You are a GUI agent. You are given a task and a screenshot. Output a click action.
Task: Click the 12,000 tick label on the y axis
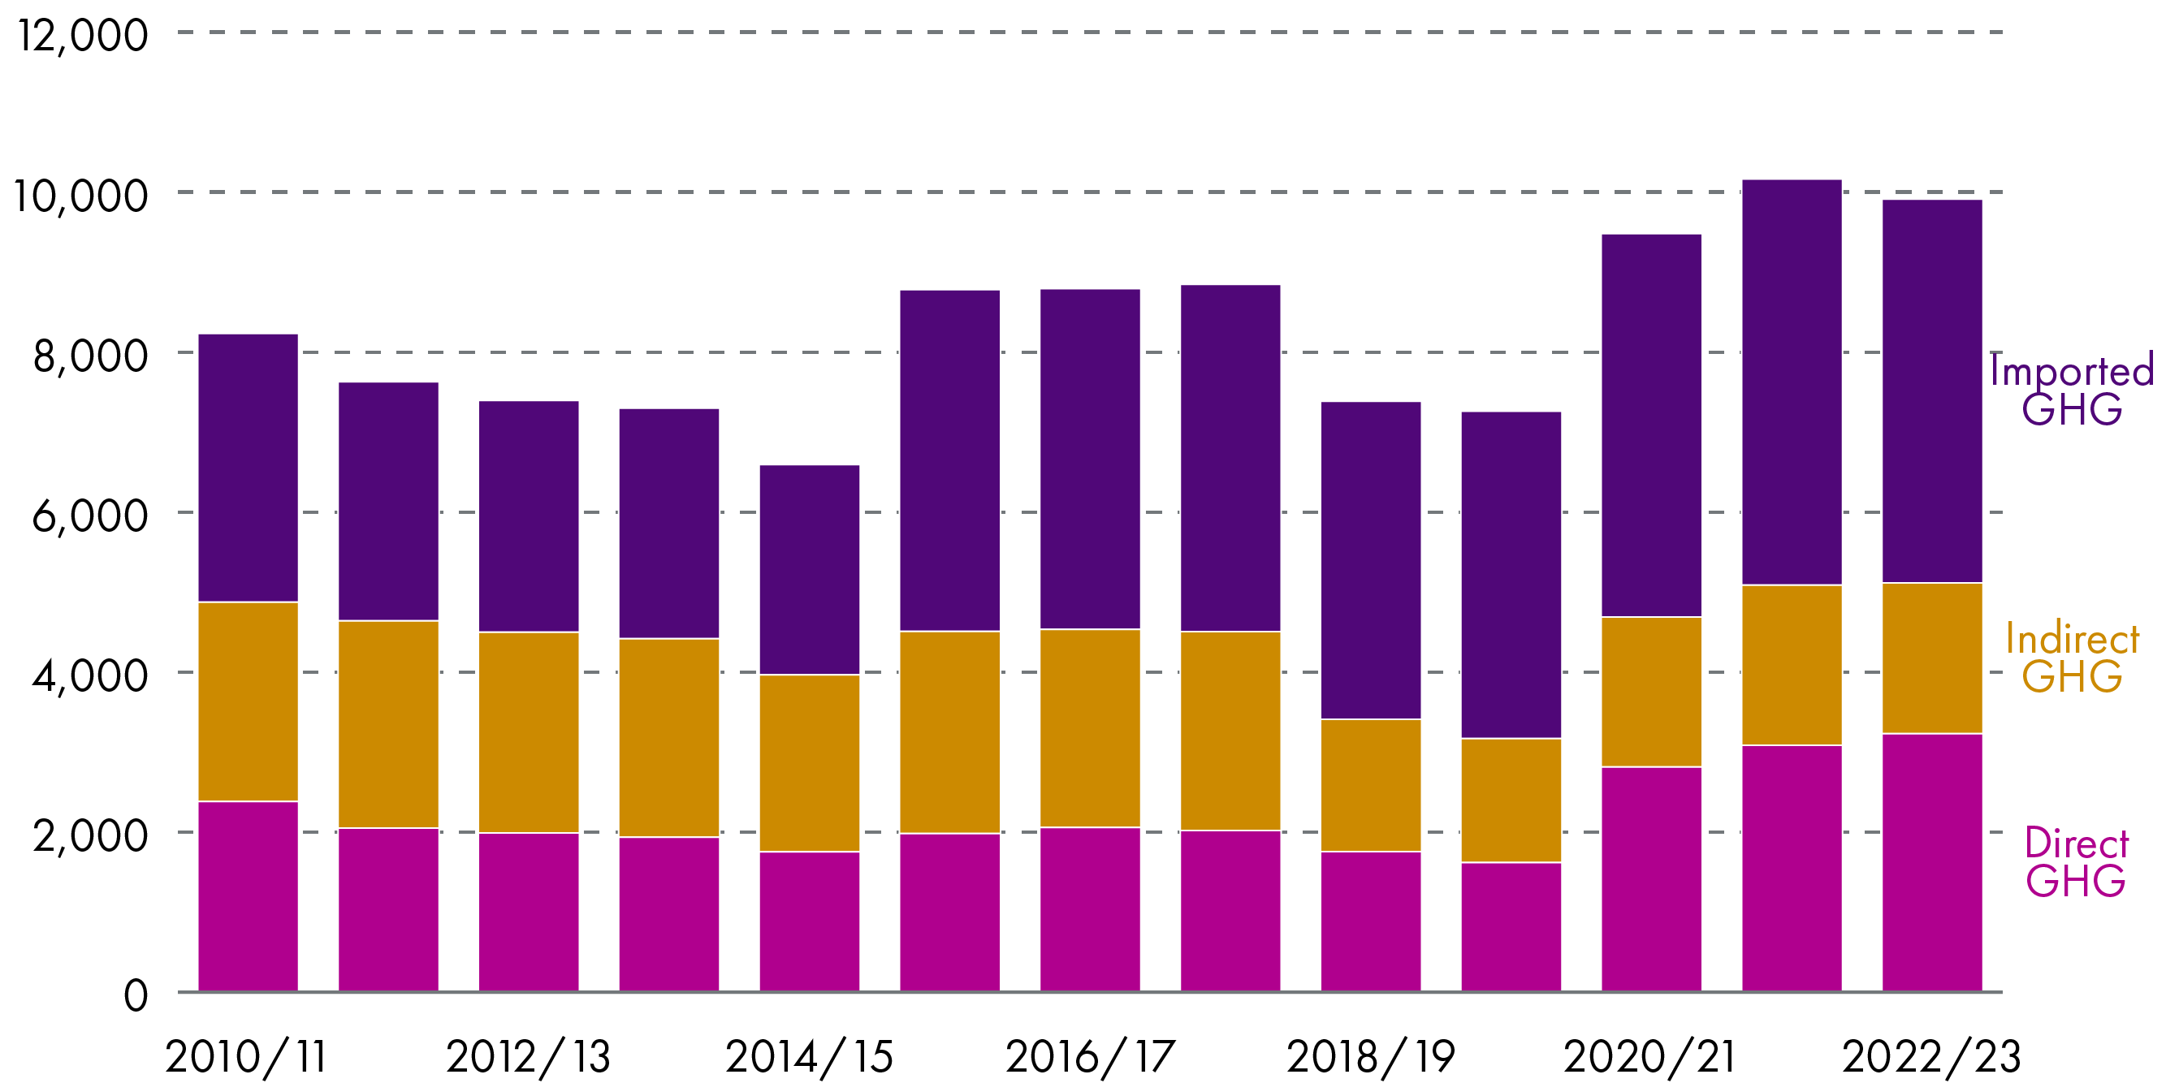pos(82,36)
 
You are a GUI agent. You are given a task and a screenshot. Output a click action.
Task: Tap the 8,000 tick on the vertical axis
pos(90,356)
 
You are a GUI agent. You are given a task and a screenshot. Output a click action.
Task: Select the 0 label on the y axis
pos(136,996)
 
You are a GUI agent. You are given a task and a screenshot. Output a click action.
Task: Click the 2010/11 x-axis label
pos(246,1057)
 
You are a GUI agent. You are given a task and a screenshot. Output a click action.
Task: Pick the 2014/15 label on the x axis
pos(809,1057)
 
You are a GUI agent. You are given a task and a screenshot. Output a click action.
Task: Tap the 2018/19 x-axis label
pos(1371,1057)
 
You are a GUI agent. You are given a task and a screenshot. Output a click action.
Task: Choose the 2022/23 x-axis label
pos(1931,1057)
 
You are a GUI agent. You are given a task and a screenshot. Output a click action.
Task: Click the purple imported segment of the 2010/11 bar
pos(248,468)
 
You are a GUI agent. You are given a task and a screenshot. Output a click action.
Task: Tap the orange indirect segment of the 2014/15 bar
pos(809,762)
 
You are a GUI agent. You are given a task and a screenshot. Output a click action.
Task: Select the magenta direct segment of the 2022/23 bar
pos(1931,862)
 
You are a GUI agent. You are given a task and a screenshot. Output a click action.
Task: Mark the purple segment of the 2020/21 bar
pos(1651,425)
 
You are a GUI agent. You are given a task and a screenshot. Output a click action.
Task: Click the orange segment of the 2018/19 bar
pos(1371,784)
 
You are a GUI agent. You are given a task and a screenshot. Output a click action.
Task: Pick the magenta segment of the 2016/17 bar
pos(1090,909)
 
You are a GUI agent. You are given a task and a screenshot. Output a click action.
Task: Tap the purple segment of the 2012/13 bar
pos(529,516)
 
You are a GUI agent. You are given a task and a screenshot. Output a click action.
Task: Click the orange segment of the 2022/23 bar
pos(1931,658)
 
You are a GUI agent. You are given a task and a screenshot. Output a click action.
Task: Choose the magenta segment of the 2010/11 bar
pos(248,896)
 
